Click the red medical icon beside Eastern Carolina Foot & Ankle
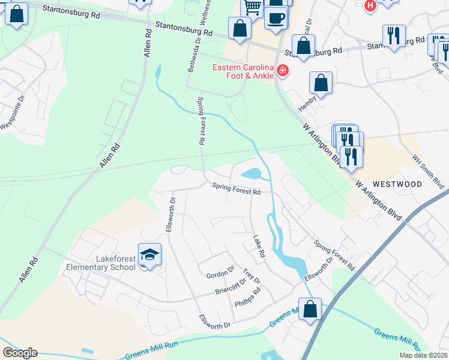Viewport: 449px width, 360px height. tap(283, 72)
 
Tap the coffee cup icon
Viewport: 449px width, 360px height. tap(276, 17)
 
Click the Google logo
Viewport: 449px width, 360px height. tap(20, 353)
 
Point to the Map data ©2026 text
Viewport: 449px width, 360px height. tap(423, 355)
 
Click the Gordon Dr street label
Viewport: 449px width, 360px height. tap(219, 271)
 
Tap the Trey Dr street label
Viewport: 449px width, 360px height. tap(252, 277)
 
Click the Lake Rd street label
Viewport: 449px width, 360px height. tap(259, 246)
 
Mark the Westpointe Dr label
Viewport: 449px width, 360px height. tap(13, 114)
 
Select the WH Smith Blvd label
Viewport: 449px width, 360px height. tap(427, 171)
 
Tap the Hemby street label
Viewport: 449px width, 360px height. tap(307, 106)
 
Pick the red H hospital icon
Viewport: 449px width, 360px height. tap(370, 5)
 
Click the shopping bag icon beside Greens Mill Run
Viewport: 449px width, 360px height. tap(310, 309)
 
